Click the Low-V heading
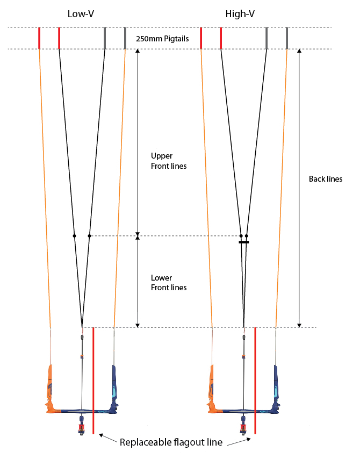pos(81,14)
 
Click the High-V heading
pos(240,14)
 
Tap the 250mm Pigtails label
pos(162,39)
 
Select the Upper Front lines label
pos(169,161)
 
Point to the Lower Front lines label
pos(169,283)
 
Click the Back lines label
pos(326,179)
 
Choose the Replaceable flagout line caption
pos(171,442)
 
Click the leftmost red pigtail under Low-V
pos(39,38)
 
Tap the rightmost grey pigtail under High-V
pos(287,38)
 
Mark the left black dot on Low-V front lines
pos(74,236)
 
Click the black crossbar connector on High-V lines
pos(244,242)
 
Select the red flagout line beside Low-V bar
pos(93,381)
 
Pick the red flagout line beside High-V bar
pos(255,381)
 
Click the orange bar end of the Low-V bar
pos(49,389)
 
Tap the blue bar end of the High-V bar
pos(275,389)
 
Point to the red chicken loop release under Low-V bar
pos(81,428)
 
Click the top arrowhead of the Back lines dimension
pos(299,51)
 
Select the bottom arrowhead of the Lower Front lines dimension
pos(138,325)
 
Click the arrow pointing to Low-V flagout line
pos(108,439)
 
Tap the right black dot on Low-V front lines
pos(89,236)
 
